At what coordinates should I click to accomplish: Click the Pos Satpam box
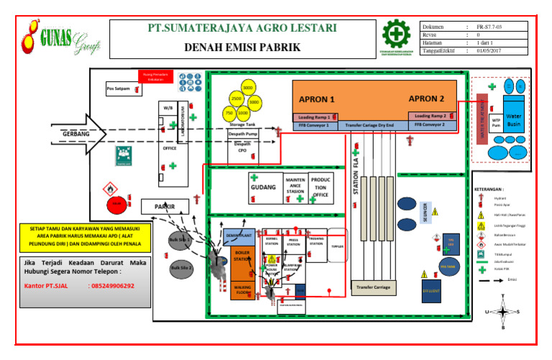[x=118, y=89]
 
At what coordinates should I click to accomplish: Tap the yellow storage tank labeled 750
[x=229, y=114]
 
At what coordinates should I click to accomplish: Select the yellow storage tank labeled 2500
[x=236, y=98]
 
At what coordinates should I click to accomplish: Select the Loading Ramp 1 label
[x=314, y=116]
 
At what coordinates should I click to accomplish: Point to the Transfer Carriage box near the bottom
[x=372, y=287]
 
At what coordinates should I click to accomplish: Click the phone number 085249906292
[x=111, y=285]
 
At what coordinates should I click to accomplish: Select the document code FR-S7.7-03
[x=489, y=26]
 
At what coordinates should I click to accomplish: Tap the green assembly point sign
[x=121, y=154]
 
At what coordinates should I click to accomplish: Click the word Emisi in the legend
[x=512, y=280]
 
